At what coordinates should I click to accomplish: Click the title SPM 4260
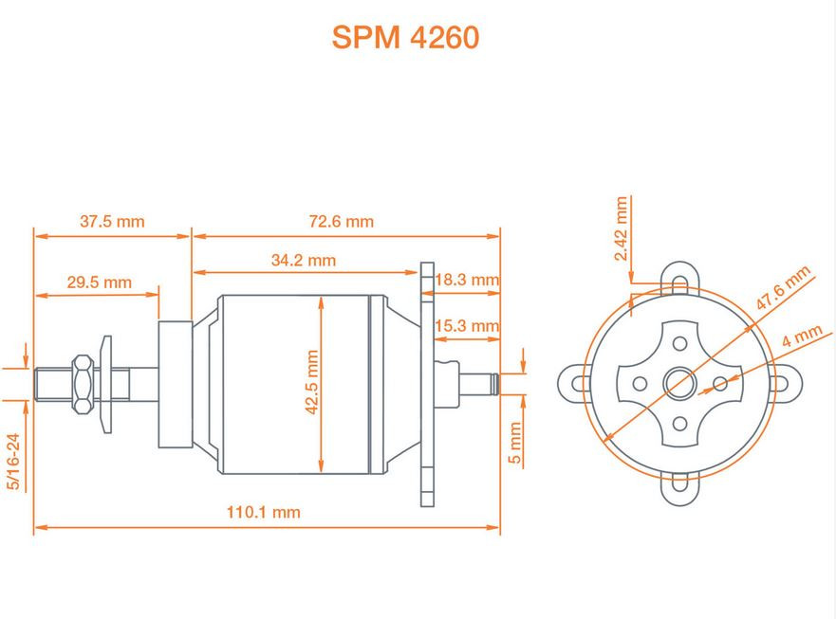pyautogui.click(x=405, y=37)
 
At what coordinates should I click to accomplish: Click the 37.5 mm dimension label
pyautogui.click(x=112, y=222)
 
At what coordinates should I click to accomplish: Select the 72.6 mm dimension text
pyautogui.click(x=342, y=222)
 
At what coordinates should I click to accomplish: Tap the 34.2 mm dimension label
pyautogui.click(x=303, y=260)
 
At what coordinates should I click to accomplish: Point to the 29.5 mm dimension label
pyautogui.click(x=99, y=282)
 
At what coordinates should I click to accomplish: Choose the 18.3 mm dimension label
pyautogui.click(x=467, y=281)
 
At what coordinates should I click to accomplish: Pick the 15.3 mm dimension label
pyautogui.click(x=466, y=326)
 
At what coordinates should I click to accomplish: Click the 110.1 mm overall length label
pyautogui.click(x=263, y=512)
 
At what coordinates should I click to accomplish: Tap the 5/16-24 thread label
pyautogui.click(x=13, y=462)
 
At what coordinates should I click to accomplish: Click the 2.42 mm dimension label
pyautogui.click(x=622, y=228)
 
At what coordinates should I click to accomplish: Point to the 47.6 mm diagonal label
pyautogui.click(x=784, y=288)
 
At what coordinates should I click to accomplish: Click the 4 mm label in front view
pyautogui.click(x=802, y=337)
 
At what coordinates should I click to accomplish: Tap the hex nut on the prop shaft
pyautogui.click(x=84, y=383)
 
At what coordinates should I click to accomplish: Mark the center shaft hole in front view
pyautogui.click(x=678, y=383)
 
